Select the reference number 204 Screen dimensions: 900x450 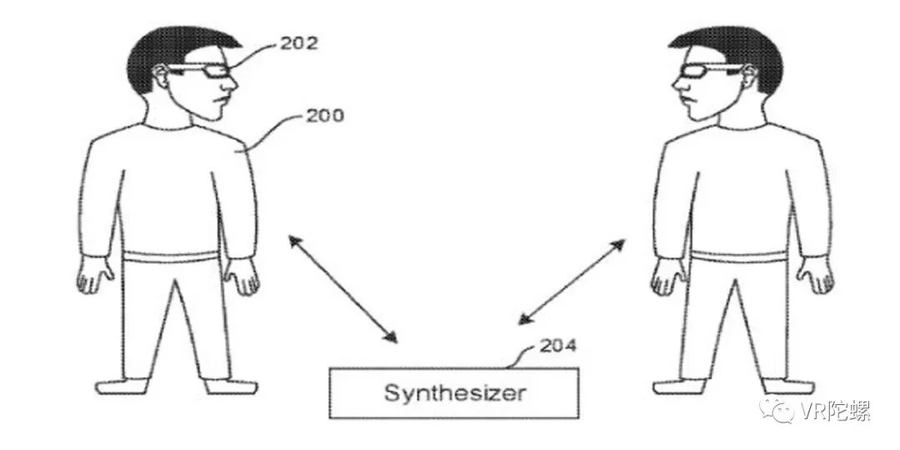click(557, 344)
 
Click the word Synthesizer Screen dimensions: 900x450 click(455, 392)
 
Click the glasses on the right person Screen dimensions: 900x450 click(699, 72)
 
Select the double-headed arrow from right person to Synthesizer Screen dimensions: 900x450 click(572, 282)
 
